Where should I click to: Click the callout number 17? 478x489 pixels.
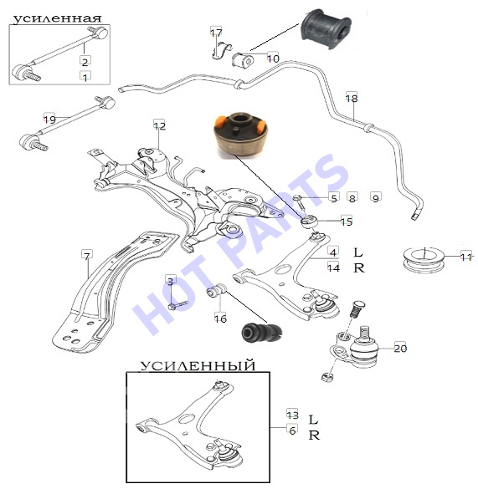pos(216,32)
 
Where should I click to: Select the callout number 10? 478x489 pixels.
pos(273,58)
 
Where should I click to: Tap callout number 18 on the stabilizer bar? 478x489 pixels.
pos(352,99)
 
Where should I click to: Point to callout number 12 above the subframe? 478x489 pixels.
pos(159,125)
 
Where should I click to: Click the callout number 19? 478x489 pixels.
pos(49,120)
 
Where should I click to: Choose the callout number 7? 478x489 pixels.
pos(87,256)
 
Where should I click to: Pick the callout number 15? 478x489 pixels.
pos(347,222)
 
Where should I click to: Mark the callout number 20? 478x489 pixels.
pos(400,348)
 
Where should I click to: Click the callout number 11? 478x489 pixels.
pos(466,257)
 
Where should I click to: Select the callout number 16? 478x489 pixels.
pos(220,318)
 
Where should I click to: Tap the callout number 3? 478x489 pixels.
pos(170,282)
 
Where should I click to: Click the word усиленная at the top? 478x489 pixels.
pos(58,18)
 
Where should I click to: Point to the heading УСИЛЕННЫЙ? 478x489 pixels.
pos(198,365)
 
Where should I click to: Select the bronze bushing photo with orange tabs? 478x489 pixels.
pos(241,136)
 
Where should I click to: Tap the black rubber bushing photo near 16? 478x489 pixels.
pos(262,333)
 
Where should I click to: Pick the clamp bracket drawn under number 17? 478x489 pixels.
pos(221,50)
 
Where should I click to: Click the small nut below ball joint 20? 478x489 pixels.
pos(327,377)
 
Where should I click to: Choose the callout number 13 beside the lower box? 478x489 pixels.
pos(293,415)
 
